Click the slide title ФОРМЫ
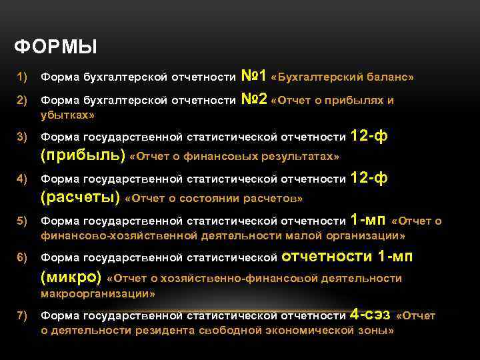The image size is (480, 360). click(55, 47)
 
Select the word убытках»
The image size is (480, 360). click(67, 115)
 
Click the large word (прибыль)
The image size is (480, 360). click(83, 155)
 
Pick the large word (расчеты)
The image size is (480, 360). click(81, 197)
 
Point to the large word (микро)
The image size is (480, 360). click(71, 277)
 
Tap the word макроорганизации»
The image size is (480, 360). click(98, 293)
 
